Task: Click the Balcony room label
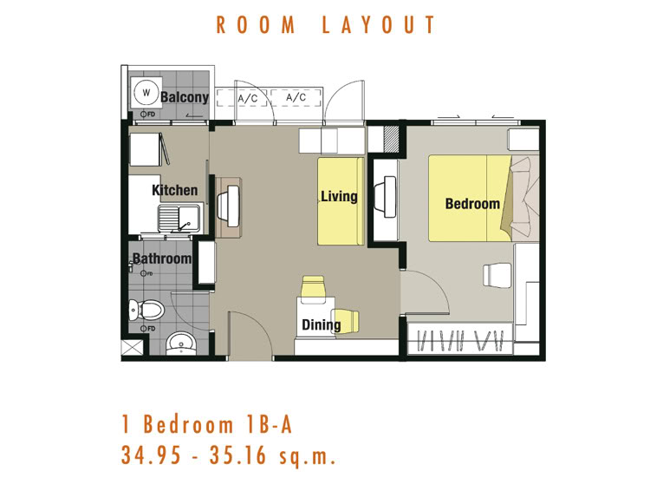185,97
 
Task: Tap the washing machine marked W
146,92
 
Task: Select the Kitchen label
174,190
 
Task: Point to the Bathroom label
161,259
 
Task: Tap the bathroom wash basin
181,344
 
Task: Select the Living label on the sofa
339,196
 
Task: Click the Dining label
321,325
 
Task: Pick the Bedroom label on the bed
472,203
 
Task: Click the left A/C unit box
248,98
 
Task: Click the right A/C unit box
296,97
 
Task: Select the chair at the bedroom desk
497,274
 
